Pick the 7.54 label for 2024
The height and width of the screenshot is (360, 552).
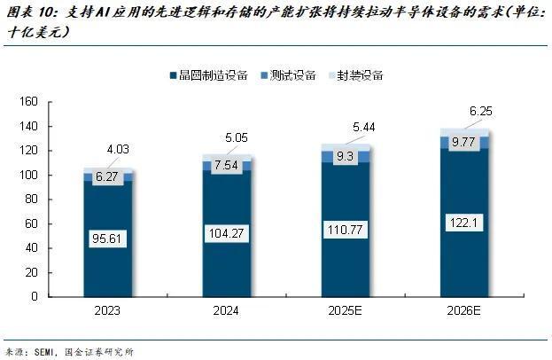(227, 166)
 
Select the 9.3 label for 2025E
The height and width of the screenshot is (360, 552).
(346, 156)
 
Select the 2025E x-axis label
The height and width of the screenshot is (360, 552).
(346, 312)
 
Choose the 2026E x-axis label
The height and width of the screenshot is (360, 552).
(464, 312)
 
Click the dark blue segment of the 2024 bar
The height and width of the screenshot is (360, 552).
(227, 266)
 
